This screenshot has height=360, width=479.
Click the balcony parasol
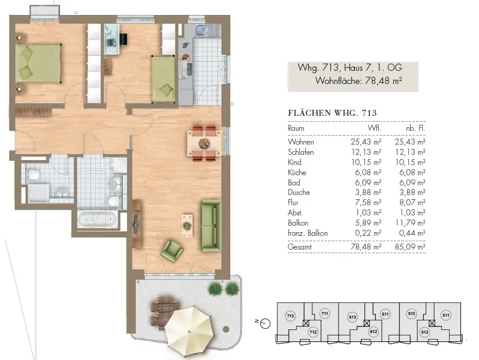[x=188, y=332]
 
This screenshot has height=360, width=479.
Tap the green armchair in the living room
[x=172, y=251]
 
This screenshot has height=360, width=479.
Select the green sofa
[x=211, y=226]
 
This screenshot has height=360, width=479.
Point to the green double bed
[x=38, y=64]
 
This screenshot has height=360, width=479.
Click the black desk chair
[x=123, y=39]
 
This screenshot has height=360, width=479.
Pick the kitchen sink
[x=202, y=30]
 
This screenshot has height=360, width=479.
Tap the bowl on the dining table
[x=203, y=143]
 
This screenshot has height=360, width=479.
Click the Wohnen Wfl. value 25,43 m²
[x=366, y=142]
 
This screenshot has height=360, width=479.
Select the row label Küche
[x=297, y=172]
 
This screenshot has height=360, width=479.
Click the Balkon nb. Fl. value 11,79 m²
[x=410, y=223]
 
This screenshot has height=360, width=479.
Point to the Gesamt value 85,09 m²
[x=410, y=247]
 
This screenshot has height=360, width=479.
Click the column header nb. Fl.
[x=415, y=128]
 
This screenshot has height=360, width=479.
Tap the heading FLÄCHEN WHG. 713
[x=332, y=113]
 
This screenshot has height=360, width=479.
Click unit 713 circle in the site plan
[x=290, y=316]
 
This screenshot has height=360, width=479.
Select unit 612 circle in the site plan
[x=373, y=332]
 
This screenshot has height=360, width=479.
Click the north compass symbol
[x=264, y=323]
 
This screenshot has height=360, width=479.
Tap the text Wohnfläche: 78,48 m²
[x=359, y=81]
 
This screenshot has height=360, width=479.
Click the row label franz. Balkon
[x=308, y=233]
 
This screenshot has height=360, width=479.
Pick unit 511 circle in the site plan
[x=446, y=315]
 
